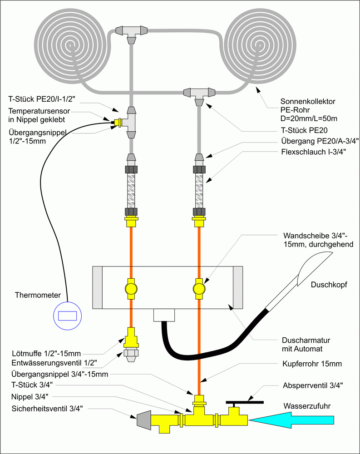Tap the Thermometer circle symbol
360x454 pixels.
(67, 316)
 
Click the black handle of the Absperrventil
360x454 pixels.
(244, 402)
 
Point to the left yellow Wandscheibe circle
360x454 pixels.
(130, 288)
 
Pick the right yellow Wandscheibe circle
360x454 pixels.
(198, 288)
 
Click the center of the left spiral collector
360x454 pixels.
(72, 45)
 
